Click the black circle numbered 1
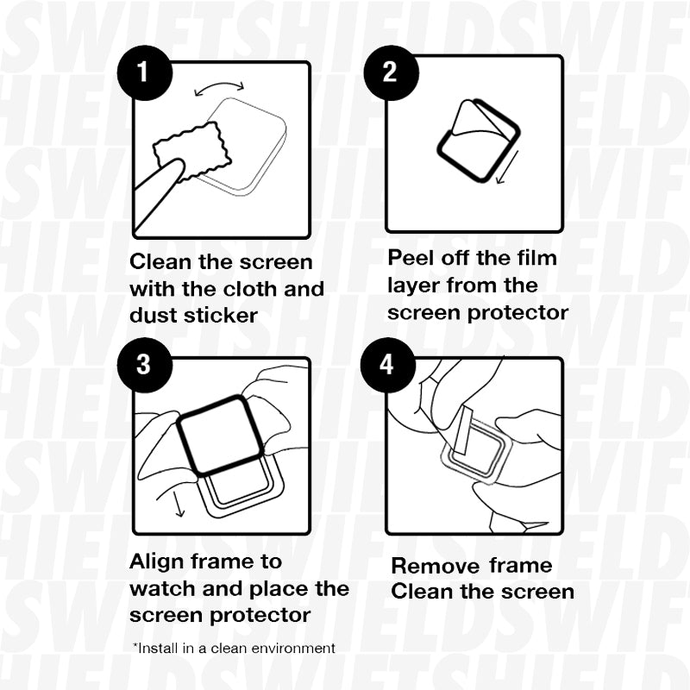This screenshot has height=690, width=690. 141,72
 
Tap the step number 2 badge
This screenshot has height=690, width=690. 389,72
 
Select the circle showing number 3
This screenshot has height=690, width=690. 141,365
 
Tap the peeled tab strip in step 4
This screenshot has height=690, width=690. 462,430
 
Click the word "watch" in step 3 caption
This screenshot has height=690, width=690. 163,589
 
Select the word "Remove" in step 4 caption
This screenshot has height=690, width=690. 435,566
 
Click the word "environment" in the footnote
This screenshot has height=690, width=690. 291,647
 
